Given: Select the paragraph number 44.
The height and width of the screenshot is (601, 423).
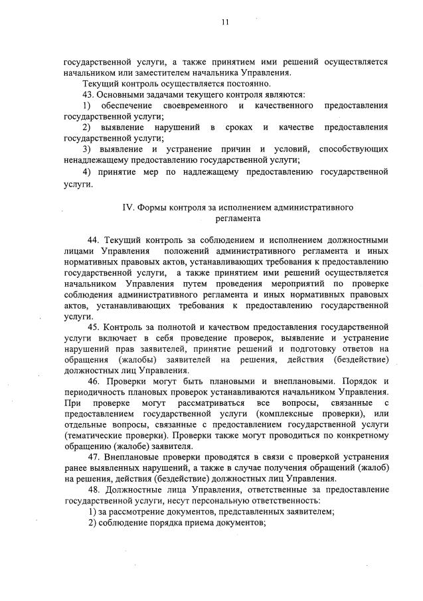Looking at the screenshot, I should [93, 239].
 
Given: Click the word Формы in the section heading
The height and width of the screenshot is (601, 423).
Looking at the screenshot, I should [155, 207].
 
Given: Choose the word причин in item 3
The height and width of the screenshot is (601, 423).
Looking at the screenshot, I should [233, 149].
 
